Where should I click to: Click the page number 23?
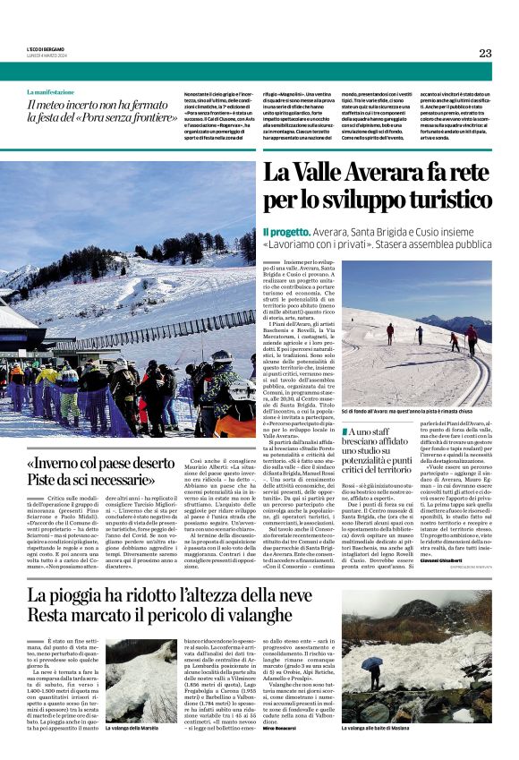point(485,53)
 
